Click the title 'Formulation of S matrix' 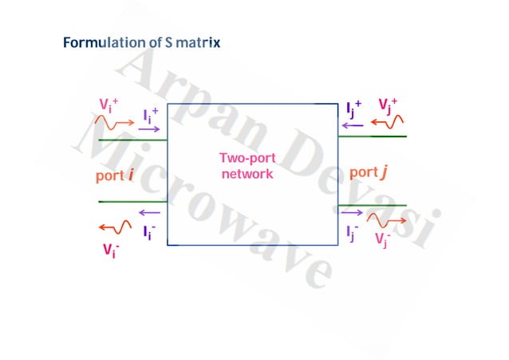point(142,42)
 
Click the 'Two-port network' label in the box point(247,166)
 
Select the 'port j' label point(373,172)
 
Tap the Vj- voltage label point(384,238)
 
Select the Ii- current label point(149,232)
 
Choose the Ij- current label point(353,232)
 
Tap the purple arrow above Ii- point(148,213)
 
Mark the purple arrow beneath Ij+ point(351,125)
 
